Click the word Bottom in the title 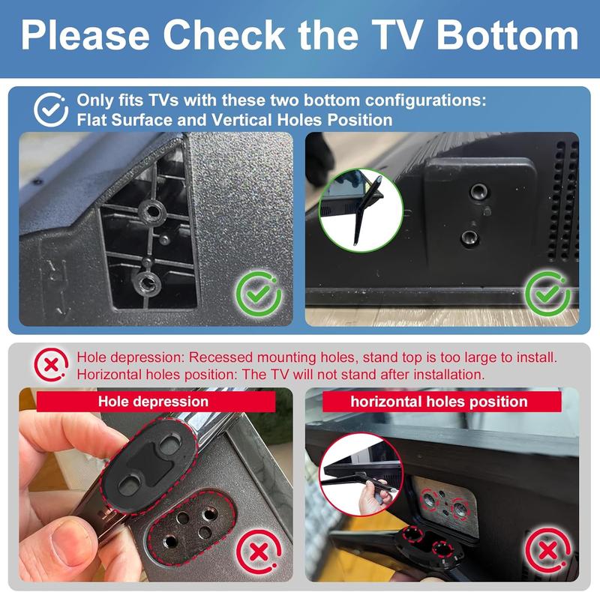click(x=508, y=34)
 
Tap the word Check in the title click(x=223, y=34)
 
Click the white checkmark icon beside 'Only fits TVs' click(x=51, y=109)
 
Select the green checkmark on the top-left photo click(x=259, y=294)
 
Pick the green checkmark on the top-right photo click(x=547, y=294)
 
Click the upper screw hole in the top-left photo click(x=152, y=211)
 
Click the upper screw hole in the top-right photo click(x=479, y=190)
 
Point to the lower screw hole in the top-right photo click(x=469, y=238)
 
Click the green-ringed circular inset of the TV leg click(x=361, y=210)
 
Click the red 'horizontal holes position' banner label click(x=442, y=401)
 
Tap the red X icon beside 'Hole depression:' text click(x=51, y=365)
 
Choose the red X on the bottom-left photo click(x=259, y=552)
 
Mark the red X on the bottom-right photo click(x=548, y=551)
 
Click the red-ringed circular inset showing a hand click(x=361, y=475)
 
